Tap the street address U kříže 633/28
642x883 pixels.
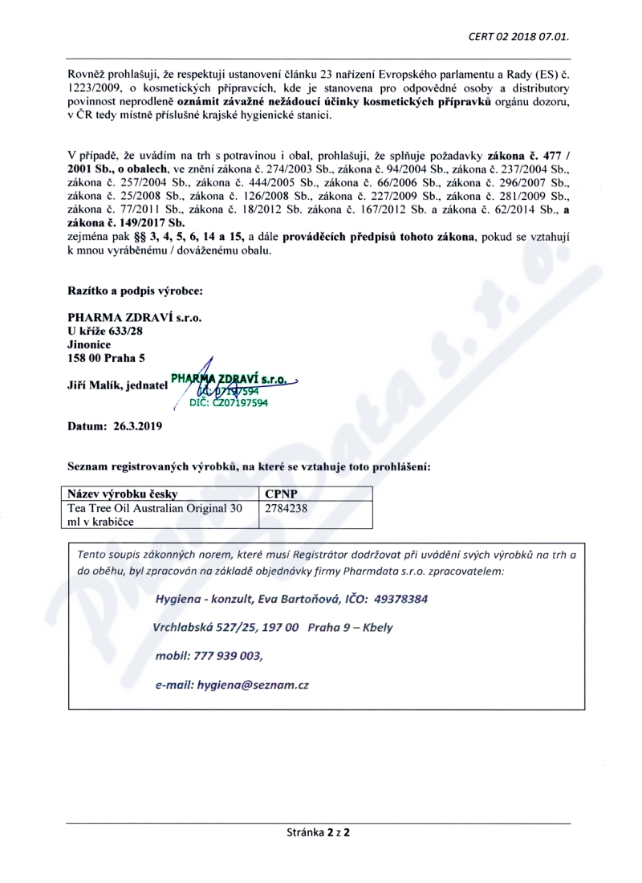[108, 331]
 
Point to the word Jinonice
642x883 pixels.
[90, 344]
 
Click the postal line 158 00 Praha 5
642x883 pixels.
[107, 357]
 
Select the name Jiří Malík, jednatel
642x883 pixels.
[118, 385]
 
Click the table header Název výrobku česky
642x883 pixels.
[123, 494]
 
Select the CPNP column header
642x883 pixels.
[278, 494]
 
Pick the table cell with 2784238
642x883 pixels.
[286, 508]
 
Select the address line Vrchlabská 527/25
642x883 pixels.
[209, 628]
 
